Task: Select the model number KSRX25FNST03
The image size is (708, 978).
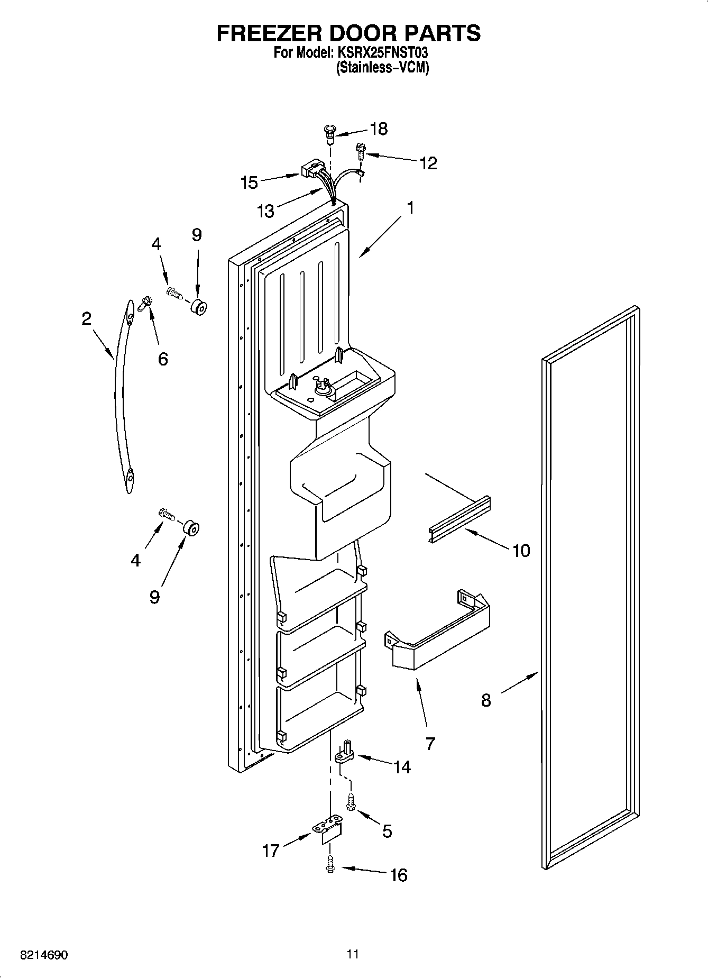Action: click(379, 53)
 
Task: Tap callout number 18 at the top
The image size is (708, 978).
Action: click(379, 129)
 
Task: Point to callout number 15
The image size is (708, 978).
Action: click(249, 182)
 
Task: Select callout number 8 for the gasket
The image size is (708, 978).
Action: click(486, 700)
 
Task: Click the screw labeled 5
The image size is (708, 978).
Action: click(350, 802)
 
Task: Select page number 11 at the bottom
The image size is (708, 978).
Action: click(353, 954)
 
